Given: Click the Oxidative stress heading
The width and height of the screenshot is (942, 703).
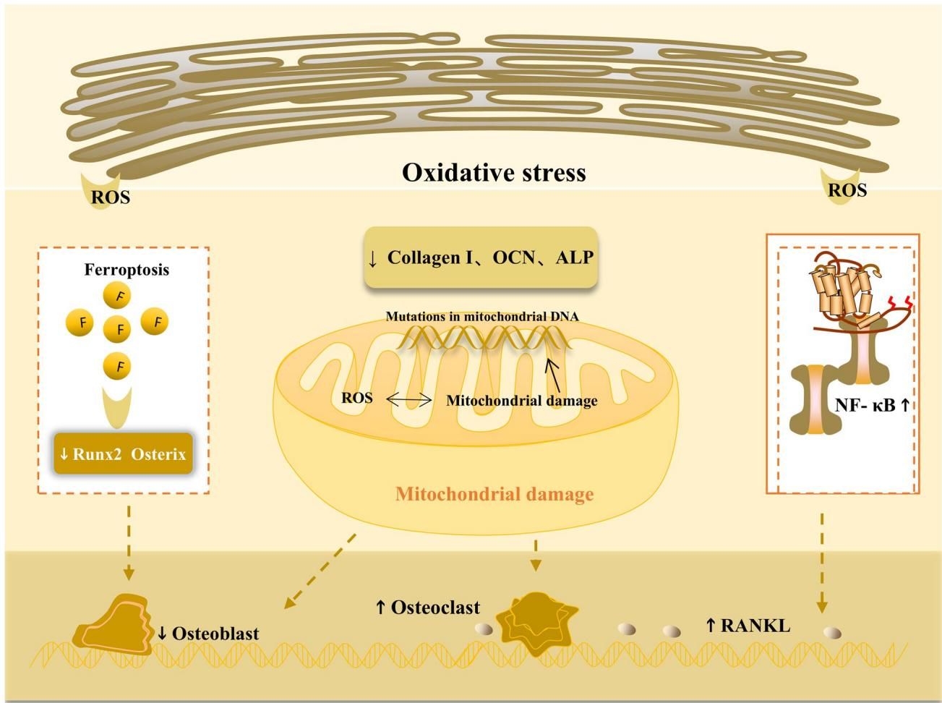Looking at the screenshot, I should tap(494, 173).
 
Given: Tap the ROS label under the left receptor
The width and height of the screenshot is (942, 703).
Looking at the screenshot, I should tap(111, 197).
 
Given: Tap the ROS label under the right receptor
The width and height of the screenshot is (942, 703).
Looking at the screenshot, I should tap(847, 190).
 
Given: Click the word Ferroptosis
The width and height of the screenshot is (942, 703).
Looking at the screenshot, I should tap(127, 270).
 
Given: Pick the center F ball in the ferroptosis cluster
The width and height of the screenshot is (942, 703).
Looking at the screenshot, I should tap(119, 330).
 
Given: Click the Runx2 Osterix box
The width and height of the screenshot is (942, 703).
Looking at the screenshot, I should tap(123, 454).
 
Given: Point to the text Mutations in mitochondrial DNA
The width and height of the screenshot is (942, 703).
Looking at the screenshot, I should tap(482, 316).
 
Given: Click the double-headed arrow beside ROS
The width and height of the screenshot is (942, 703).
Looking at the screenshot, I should tap(408, 399).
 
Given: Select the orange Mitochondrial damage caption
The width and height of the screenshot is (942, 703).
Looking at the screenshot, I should tap(494, 495).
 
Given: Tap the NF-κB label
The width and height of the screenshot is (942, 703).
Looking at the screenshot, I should tap(872, 405).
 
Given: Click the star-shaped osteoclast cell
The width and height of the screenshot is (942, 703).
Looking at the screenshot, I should tap(536, 621).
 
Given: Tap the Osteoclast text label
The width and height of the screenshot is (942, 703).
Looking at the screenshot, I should tap(428, 608).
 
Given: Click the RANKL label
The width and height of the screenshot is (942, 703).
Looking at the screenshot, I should tap(748, 625).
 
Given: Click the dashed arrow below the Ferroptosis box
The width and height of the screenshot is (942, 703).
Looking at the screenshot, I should tap(128, 542).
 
